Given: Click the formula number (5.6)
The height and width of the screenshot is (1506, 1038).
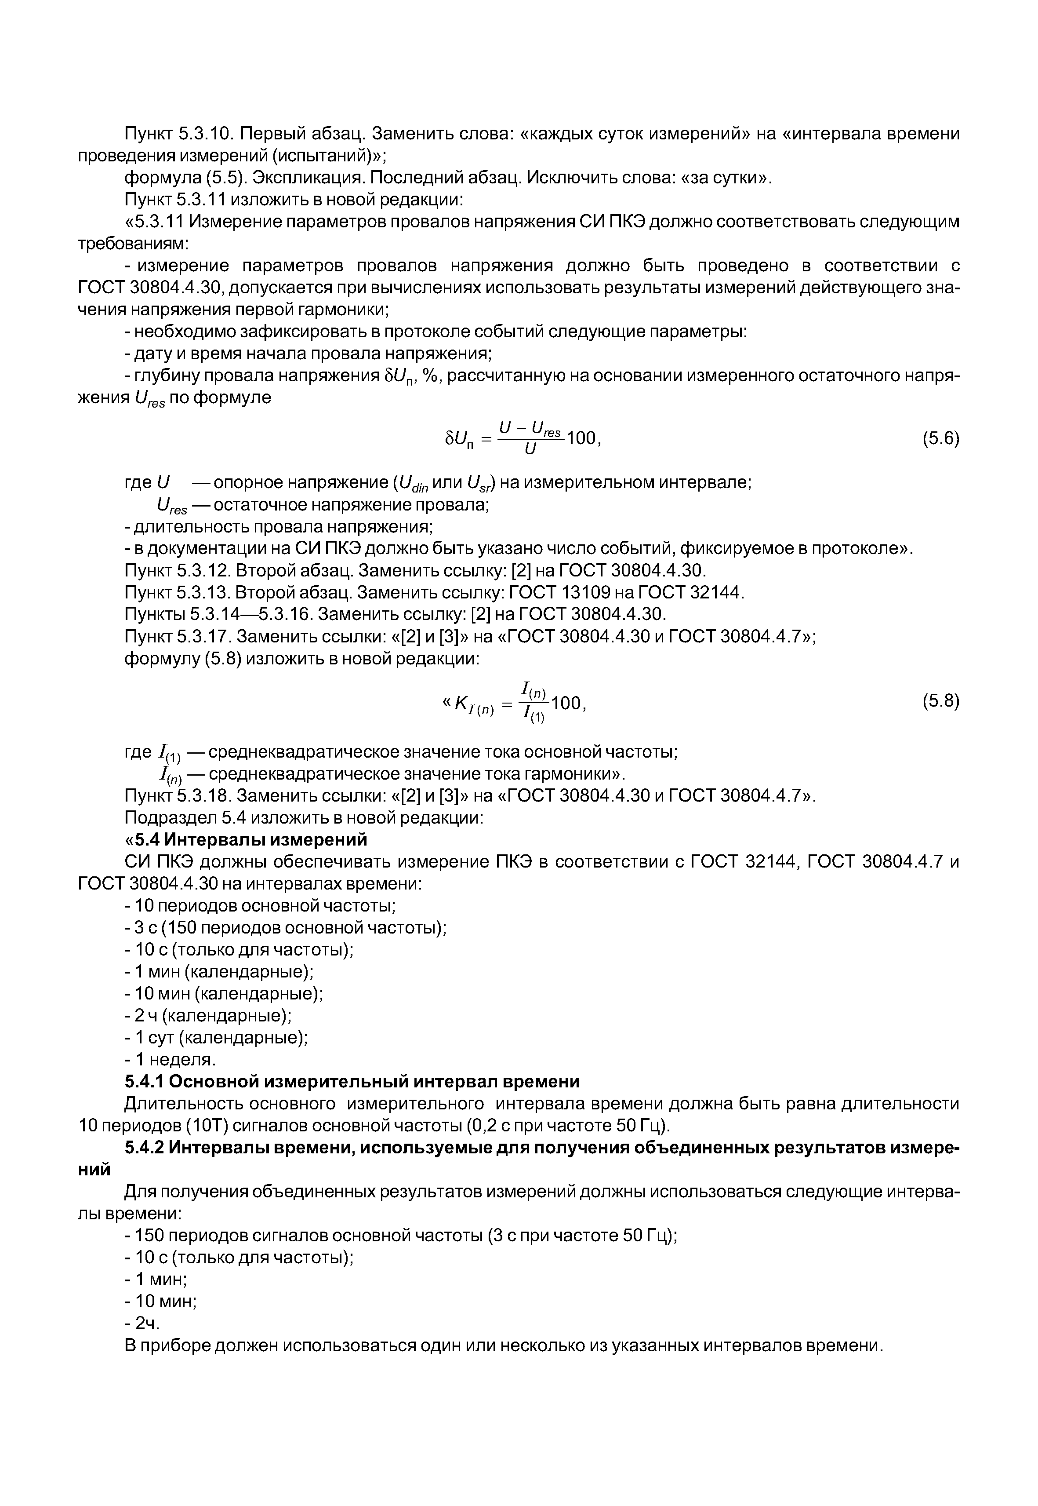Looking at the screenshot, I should pos(940,439).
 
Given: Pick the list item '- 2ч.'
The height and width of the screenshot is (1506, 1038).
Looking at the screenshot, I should pos(142,1324).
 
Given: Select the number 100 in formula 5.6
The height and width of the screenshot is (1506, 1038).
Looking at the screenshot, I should pos(581,439).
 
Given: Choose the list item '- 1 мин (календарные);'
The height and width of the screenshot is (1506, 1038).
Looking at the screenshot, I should pos(219,972).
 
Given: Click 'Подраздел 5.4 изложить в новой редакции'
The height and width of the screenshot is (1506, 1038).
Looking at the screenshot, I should pos(304,817).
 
